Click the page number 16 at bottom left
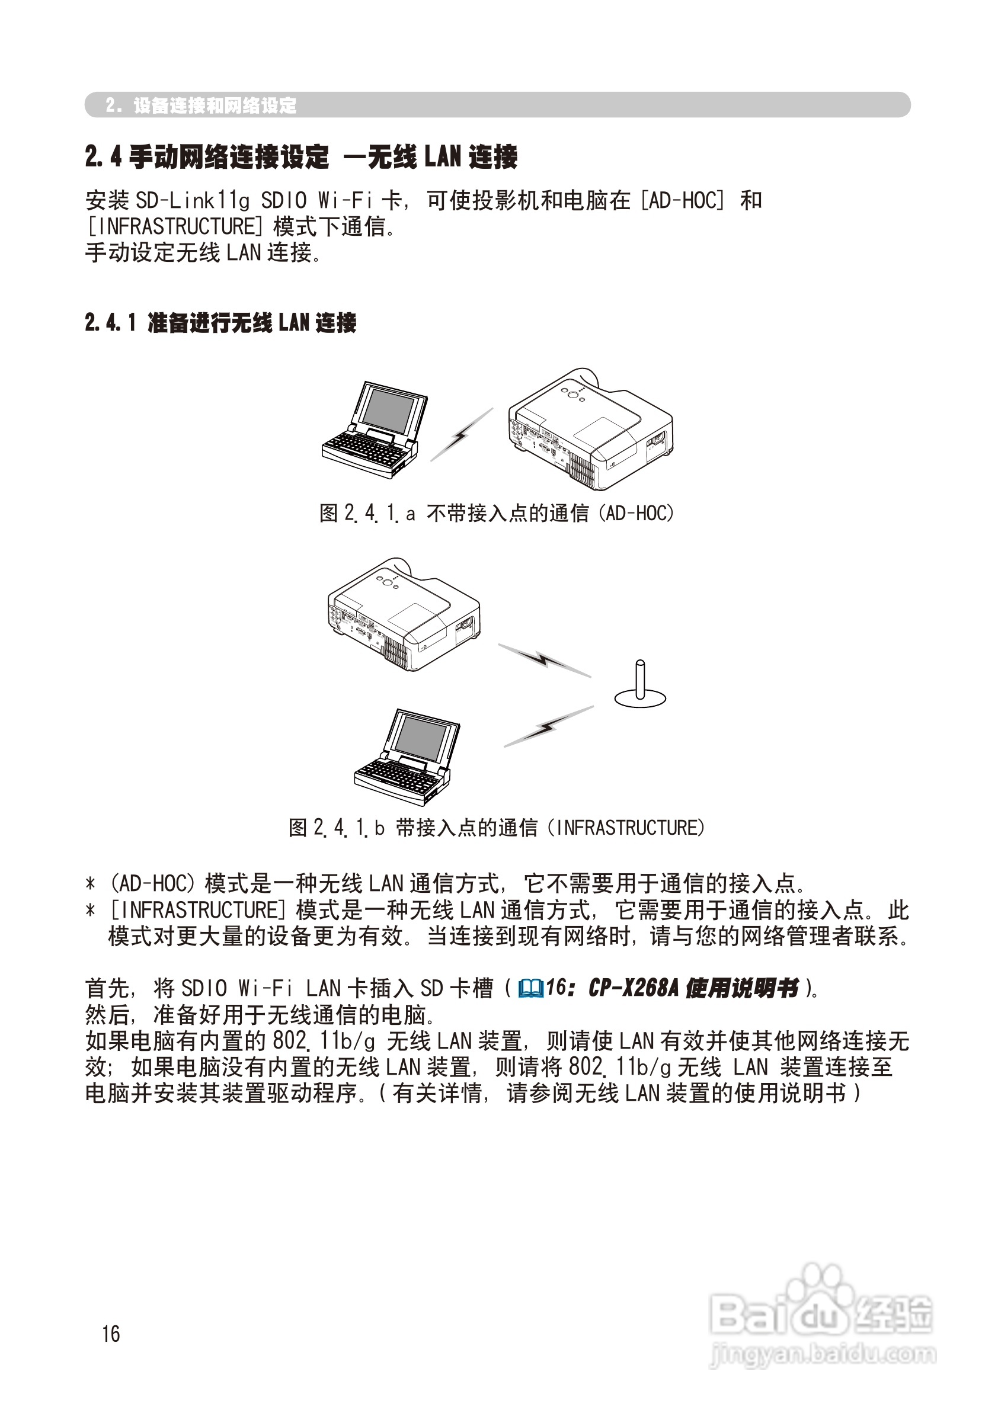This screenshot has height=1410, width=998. pyautogui.click(x=111, y=1333)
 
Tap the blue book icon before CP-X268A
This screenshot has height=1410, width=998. pyautogui.click(x=531, y=988)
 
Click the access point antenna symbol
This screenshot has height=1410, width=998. pyautogui.click(x=639, y=685)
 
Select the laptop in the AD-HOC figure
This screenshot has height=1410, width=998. pyautogui.click(x=373, y=430)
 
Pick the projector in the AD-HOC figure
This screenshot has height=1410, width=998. pyautogui.click(x=590, y=430)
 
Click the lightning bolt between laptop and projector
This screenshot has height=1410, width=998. pyautogui.click(x=461, y=435)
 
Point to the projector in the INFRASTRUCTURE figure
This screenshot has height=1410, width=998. pyautogui.click(x=404, y=614)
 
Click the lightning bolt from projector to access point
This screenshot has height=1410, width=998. pyautogui.click(x=544, y=660)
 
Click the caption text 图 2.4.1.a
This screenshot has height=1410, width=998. pyautogui.click(x=367, y=513)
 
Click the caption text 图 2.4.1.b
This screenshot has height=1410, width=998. pyautogui.click(x=336, y=828)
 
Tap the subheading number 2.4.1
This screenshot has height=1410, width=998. pyautogui.click(x=111, y=322)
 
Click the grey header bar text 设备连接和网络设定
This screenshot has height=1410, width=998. pyautogui.click(x=215, y=105)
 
